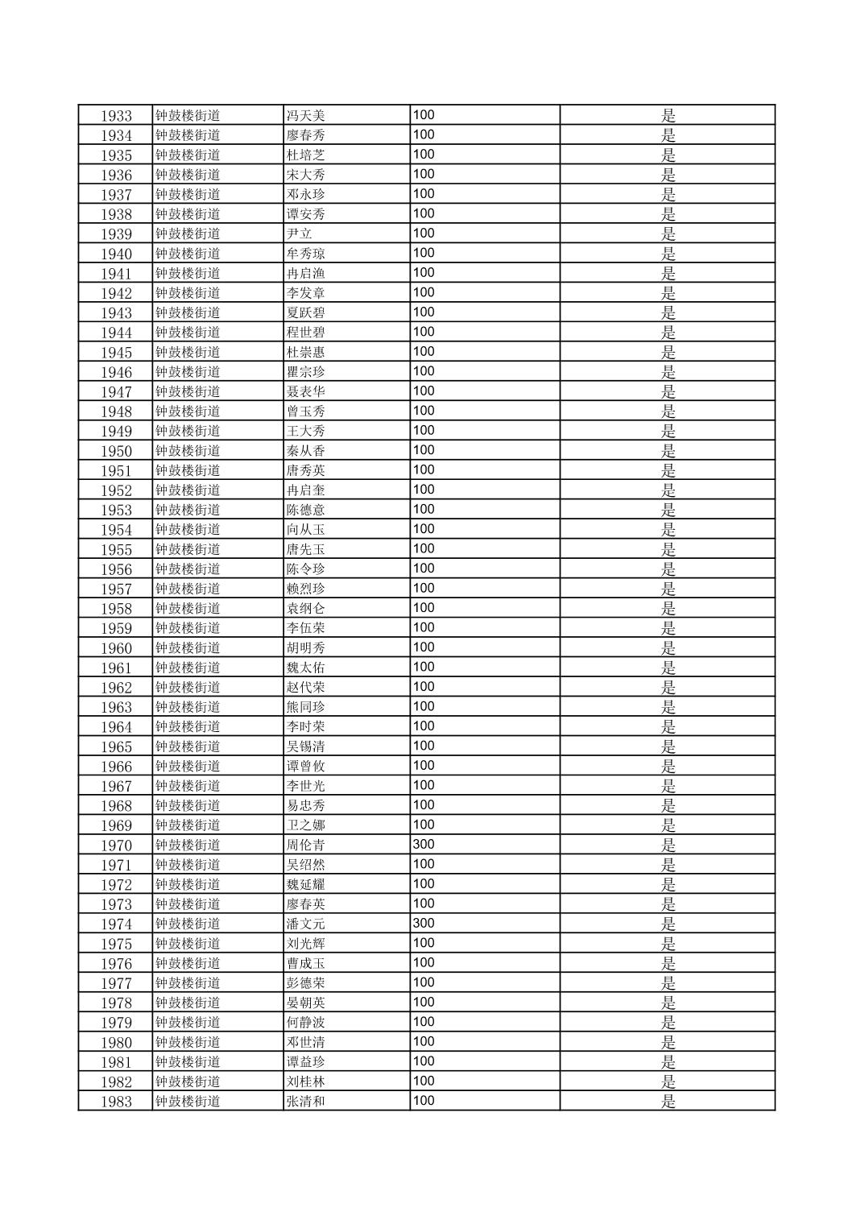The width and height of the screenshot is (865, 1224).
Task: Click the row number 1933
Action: click(x=116, y=116)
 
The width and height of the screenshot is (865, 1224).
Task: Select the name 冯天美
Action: click(x=305, y=116)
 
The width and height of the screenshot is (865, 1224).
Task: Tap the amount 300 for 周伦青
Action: click(x=424, y=844)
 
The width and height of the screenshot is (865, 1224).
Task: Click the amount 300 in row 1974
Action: click(x=424, y=923)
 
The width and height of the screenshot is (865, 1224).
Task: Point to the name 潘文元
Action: click(x=305, y=924)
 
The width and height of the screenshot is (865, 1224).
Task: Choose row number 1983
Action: click(x=116, y=1102)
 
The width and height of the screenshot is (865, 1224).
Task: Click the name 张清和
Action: click(x=305, y=1102)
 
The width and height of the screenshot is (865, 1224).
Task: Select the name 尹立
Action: click(x=299, y=234)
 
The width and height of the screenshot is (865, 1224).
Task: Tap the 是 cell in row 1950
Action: click(x=668, y=451)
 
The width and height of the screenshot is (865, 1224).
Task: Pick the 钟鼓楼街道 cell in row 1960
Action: click(x=188, y=648)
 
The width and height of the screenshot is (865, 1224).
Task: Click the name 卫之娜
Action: click(x=305, y=825)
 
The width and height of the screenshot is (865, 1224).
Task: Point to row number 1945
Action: click(x=116, y=353)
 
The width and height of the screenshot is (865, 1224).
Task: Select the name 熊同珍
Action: click(x=305, y=707)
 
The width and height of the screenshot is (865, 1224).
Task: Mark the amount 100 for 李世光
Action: click(x=424, y=785)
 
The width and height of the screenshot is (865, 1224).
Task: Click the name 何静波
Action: click(x=305, y=1023)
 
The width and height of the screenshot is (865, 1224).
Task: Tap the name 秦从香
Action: click(x=305, y=451)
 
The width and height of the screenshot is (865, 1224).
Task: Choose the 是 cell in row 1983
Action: click(x=668, y=1102)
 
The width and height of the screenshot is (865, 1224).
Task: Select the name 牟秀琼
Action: click(x=305, y=254)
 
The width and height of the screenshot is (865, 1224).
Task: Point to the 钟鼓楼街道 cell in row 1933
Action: click(x=188, y=116)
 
